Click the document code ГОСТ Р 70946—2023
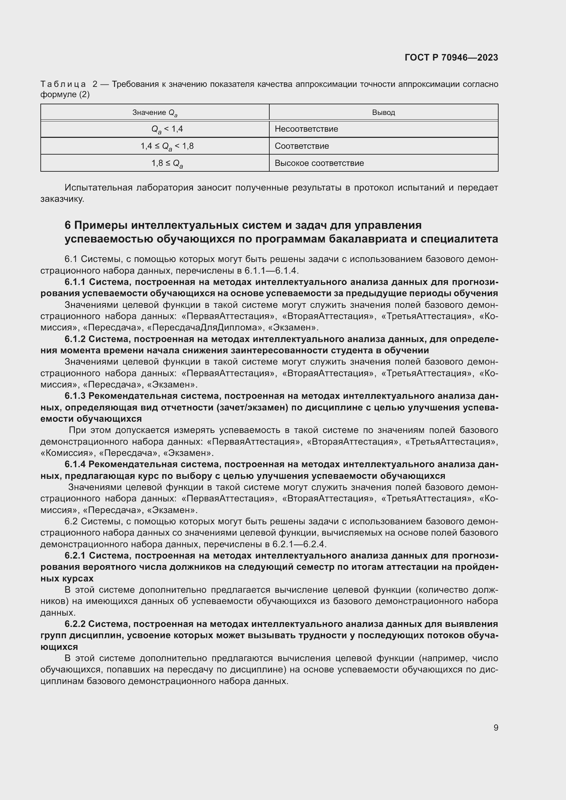[451, 57]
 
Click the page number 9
[496, 727]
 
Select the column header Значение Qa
[155, 113]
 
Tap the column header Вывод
[383, 113]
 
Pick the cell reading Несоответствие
[306, 129]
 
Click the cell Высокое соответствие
[319, 163]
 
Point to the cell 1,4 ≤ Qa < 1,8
[167, 146]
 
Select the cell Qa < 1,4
[167, 129]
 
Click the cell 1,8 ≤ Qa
[167, 163]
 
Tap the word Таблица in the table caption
[63, 84]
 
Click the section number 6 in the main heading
[68, 225]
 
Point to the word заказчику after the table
[62, 199]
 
